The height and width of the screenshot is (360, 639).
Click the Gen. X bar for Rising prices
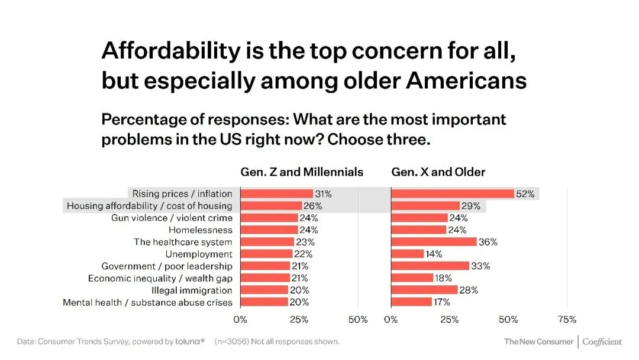[452, 194]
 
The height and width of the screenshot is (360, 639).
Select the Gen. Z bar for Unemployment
[266, 254]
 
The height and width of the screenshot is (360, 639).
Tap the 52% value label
[525, 194]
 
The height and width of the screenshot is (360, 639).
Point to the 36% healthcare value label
[488, 242]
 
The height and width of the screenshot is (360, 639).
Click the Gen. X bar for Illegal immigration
[424, 290]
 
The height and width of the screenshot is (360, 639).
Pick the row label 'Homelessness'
[201, 230]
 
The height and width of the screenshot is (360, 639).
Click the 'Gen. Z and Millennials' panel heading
[302, 172]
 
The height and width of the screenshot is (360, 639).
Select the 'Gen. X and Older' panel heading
[438, 172]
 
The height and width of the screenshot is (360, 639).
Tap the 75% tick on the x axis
[567, 320]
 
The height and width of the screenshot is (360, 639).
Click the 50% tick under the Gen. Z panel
[357, 320]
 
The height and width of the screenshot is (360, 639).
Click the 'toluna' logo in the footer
[190, 342]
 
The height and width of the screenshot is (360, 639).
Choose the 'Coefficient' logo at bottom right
[602, 342]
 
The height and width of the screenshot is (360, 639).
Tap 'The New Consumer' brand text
[538, 342]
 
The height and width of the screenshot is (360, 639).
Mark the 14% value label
[435, 254]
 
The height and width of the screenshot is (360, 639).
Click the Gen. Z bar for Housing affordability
[271, 206]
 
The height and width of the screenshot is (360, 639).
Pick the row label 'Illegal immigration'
[192, 290]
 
